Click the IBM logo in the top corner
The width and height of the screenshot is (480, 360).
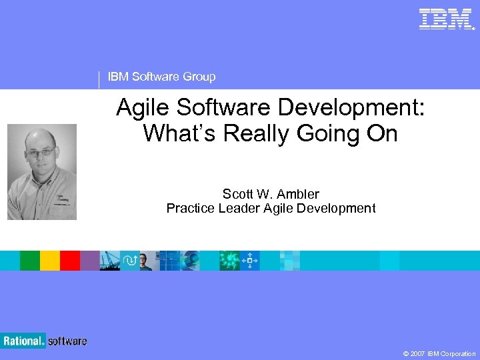446,19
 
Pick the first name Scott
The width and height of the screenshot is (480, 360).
237,194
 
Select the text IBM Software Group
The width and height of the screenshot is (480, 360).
161,77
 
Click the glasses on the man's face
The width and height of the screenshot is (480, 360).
41,153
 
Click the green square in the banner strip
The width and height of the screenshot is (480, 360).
29,261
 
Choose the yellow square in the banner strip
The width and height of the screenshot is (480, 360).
49,261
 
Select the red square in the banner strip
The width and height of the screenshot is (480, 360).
69,261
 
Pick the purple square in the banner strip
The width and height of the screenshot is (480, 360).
89,261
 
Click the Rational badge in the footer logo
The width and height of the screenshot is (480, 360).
23,341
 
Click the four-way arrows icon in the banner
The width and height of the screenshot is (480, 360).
249,261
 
